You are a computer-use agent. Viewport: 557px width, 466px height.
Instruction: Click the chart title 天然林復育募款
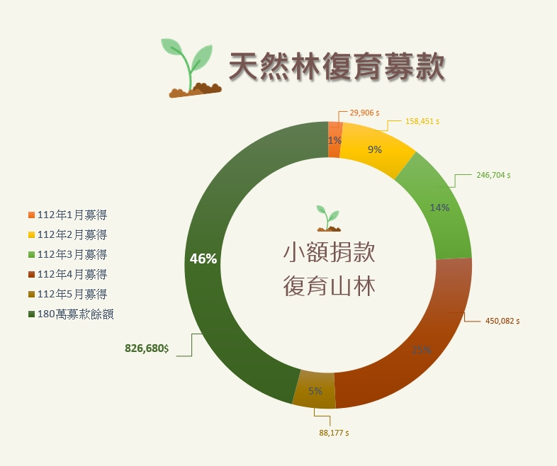[337, 67]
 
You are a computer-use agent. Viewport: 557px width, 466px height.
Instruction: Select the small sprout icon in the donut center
[329, 218]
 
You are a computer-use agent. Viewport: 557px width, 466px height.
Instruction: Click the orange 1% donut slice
[334, 140]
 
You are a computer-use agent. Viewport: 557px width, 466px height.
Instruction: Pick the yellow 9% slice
[376, 149]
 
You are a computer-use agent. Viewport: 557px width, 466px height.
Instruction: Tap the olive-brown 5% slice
[315, 390]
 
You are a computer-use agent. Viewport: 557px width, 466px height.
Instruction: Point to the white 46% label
[203, 258]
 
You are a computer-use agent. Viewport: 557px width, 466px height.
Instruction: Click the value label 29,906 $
[364, 113]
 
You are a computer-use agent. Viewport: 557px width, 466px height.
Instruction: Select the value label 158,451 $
[422, 121]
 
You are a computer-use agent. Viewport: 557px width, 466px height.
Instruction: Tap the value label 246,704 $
[493, 175]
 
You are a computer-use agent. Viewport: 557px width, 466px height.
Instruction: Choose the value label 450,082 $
[502, 321]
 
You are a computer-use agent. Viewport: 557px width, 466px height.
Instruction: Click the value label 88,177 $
[334, 433]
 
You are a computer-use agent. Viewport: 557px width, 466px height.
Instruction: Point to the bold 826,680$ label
[147, 348]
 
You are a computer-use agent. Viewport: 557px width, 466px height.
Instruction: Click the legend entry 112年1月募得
[67, 215]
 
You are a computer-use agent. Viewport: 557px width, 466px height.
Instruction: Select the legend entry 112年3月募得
[67, 254]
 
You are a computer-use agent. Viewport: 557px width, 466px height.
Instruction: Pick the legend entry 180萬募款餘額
[71, 314]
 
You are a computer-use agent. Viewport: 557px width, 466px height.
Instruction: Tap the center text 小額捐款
[330, 252]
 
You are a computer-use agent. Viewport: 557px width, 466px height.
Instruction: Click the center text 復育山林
[330, 286]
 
